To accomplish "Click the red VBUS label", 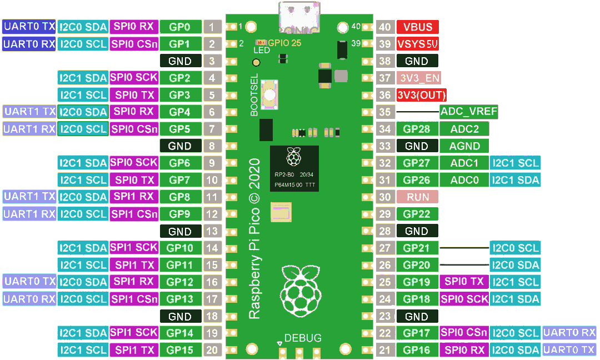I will [x=418, y=27].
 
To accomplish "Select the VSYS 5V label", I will [x=418, y=44].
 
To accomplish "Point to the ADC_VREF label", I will [x=468, y=112].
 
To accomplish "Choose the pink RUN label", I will [x=418, y=197].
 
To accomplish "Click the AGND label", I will [x=464, y=146].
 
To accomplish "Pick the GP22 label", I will [x=417, y=214].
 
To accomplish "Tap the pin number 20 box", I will [x=212, y=350].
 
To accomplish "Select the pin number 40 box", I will [x=384, y=27].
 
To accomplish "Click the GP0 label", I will [x=179, y=27].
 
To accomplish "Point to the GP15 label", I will [x=179, y=350].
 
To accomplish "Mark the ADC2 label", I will [x=464, y=129].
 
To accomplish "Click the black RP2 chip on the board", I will [x=294, y=168].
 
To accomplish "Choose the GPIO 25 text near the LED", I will [x=284, y=42].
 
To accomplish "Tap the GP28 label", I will [x=417, y=129].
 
